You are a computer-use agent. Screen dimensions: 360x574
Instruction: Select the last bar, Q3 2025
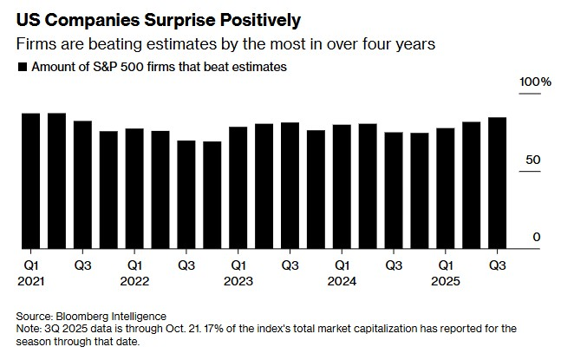point(498,182)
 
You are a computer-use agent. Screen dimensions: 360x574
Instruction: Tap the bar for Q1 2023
point(238,187)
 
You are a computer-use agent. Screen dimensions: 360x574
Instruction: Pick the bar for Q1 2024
point(342,186)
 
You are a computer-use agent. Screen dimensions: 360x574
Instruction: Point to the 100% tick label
point(535,82)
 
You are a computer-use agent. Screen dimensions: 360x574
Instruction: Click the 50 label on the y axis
point(534,160)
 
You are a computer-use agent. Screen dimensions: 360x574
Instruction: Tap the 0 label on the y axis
point(537,238)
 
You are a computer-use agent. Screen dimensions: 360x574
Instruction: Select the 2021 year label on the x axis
point(30,282)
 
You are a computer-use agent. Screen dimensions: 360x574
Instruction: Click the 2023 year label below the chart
point(238,282)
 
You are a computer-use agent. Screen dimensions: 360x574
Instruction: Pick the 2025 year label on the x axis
point(446,282)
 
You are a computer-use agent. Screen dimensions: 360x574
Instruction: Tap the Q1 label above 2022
point(134,265)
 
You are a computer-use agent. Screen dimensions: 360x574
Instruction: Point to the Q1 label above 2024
point(342,265)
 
